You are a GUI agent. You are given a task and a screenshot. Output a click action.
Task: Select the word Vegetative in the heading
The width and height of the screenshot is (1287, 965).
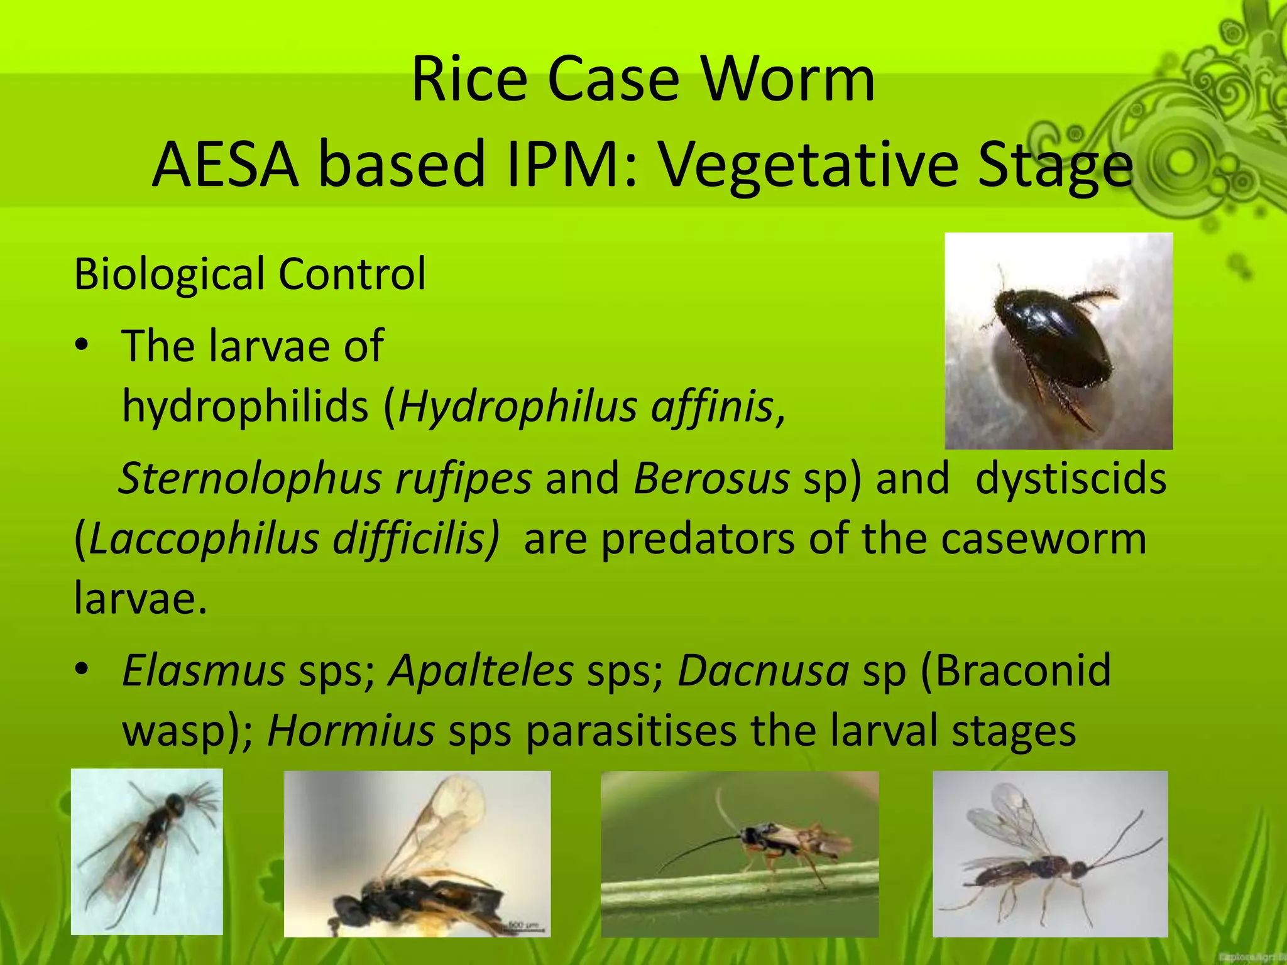[x=808, y=165]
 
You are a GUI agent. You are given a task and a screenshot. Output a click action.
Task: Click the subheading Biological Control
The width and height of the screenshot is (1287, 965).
[x=249, y=274]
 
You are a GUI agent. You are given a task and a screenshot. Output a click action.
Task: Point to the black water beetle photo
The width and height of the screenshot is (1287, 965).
[x=1058, y=341]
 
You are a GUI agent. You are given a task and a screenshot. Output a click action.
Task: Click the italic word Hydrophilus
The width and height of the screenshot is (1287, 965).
[x=518, y=406]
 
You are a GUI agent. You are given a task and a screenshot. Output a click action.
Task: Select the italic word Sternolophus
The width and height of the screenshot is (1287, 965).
[x=250, y=479]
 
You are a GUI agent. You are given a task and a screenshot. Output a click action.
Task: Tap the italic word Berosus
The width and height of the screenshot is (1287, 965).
[x=711, y=479]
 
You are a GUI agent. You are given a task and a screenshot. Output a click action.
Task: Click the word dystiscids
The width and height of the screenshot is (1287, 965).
[x=1071, y=479]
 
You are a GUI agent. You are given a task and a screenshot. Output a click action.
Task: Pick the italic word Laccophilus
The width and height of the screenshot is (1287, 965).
[x=204, y=539]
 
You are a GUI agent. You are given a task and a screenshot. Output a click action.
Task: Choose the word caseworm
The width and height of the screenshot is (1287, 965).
[x=1043, y=539]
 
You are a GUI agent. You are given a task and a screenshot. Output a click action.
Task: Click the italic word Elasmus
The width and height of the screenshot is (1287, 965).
[x=204, y=670]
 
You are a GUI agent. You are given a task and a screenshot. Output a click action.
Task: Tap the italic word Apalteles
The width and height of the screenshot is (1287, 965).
[x=481, y=670]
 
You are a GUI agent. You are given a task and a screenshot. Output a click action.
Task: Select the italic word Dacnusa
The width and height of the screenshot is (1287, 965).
[x=763, y=670]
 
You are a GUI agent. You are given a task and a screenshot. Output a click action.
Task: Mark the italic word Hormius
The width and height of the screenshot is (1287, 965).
[x=351, y=731]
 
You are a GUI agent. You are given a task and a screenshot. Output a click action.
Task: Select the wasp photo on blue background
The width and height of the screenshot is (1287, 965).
[x=146, y=851]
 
